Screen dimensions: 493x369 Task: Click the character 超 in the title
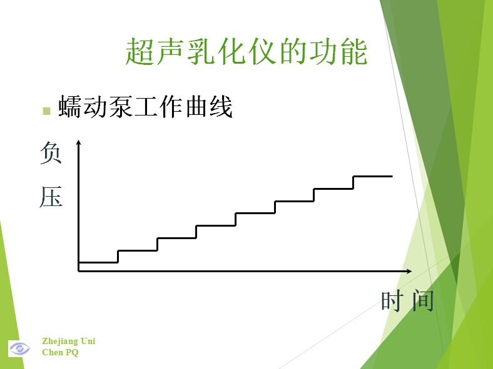point(140,51)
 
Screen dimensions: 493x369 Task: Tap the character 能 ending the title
point(353,51)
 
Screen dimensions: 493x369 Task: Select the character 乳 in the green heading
point(201,51)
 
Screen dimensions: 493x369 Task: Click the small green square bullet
point(46,111)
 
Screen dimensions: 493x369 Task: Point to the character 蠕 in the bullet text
point(70,106)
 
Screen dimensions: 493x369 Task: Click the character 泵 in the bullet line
point(121,106)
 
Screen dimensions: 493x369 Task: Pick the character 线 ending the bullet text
point(221,106)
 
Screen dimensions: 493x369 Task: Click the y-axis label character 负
point(50,152)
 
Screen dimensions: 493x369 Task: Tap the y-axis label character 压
point(51,197)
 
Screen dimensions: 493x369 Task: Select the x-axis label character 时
point(391,300)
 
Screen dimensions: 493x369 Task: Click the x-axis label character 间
point(423,300)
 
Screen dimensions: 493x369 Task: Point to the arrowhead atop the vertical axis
point(79,142)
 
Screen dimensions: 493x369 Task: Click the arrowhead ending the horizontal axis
point(409,271)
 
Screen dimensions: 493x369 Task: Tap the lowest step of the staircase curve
point(98,262)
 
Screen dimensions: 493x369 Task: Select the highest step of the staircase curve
point(373,176)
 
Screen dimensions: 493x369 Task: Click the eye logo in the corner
point(19,348)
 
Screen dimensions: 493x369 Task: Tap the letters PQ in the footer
point(72,352)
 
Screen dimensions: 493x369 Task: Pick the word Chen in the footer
point(53,352)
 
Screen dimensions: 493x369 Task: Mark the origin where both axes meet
point(79,271)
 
